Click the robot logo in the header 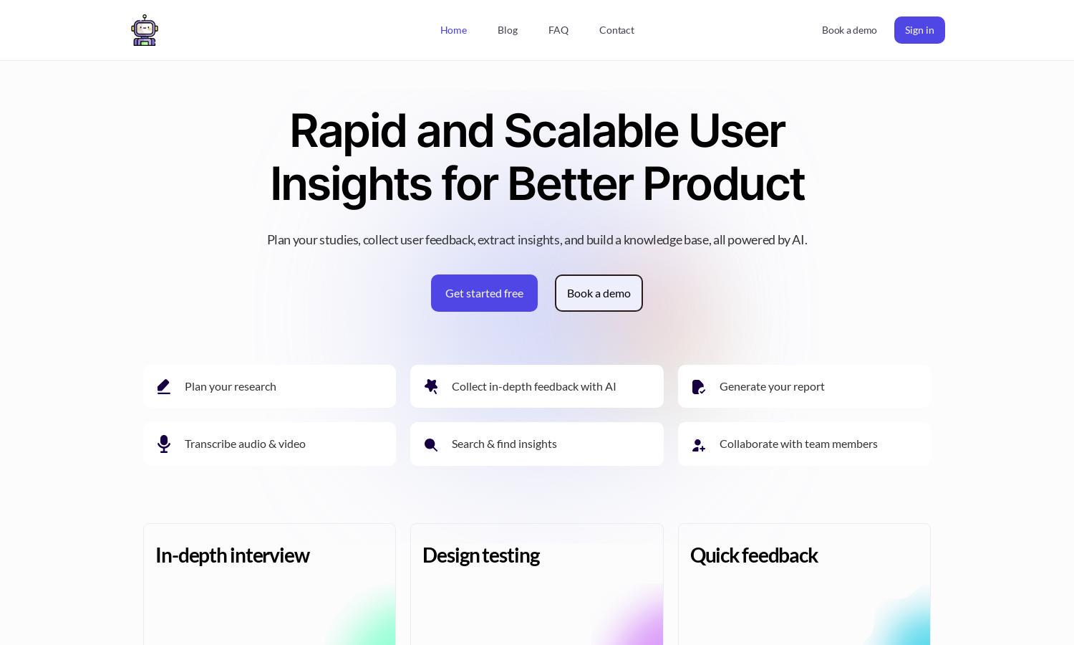point(145,30)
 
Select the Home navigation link point(453,30)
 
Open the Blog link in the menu point(508,30)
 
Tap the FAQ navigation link point(558,30)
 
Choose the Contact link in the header point(616,30)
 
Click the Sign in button point(919,30)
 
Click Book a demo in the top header point(849,30)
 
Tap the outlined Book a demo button point(599,293)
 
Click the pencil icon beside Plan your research point(164,387)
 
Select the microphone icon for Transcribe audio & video point(164,444)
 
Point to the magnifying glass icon point(430,445)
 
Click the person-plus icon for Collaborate point(699,445)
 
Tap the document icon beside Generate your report point(699,387)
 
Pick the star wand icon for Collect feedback point(431,386)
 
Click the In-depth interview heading point(233,555)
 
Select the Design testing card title point(481,555)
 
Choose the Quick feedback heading point(754,555)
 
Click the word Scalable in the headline point(591,131)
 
